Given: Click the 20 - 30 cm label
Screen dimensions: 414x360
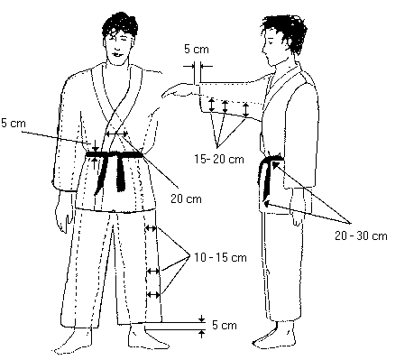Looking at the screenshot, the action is pyautogui.click(x=361, y=235).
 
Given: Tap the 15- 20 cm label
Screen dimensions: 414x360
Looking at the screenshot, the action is pyautogui.click(x=219, y=159).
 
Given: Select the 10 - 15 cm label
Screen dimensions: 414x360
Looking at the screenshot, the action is pyautogui.click(x=220, y=257).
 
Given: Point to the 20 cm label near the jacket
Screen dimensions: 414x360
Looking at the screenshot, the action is pyautogui.click(x=186, y=198).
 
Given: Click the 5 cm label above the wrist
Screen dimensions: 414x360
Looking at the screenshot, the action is pyautogui.click(x=197, y=49).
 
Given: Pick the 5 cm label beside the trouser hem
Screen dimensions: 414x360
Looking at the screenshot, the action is pyautogui.click(x=225, y=325).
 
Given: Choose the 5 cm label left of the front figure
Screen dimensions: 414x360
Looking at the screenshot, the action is pyautogui.click(x=14, y=123).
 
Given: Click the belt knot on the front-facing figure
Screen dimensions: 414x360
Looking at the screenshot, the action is pyautogui.click(x=112, y=155).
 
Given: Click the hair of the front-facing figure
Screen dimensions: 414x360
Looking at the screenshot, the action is pyautogui.click(x=120, y=24).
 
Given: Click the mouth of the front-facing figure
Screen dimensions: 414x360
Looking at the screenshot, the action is pyautogui.click(x=118, y=54).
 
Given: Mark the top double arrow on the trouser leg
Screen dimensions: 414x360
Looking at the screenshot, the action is pyautogui.click(x=151, y=228).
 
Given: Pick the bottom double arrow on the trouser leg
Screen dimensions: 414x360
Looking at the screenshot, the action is pyautogui.click(x=153, y=295).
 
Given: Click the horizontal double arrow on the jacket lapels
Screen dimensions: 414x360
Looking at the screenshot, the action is pyautogui.click(x=116, y=134).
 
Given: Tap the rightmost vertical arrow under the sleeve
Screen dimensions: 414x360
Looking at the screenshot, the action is pyautogui.click(x=246, y=110).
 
